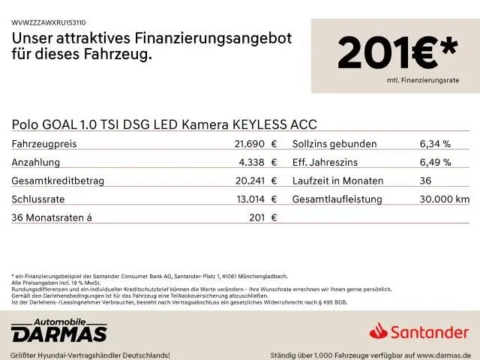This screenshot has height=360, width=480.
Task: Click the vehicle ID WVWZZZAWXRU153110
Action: tap(49, 23)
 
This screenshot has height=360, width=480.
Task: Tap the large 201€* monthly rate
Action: tap(397, 53)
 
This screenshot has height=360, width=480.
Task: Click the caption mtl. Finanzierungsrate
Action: tap(422, 79)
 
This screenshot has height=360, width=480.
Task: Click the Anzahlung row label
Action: tap(36, 162)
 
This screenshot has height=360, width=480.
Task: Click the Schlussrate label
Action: tap(39, 199)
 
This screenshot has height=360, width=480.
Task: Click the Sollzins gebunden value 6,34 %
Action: tap(435, 144)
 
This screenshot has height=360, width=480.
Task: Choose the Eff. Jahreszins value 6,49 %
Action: tap(435, 162)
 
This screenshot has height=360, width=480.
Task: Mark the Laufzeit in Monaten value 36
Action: tap(426, 181)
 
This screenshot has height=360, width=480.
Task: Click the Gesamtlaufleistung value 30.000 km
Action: tap(445, 199)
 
